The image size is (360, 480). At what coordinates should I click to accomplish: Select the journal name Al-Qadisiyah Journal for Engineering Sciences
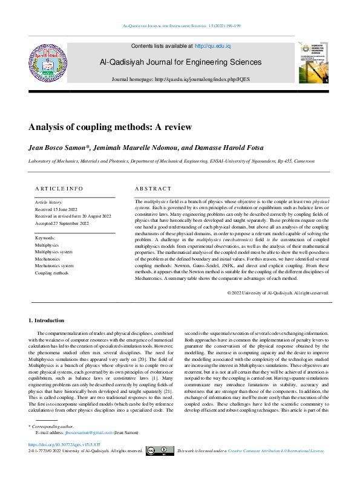pyautogui.click(x=180, y=62)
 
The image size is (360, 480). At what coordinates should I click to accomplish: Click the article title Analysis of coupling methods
pyautogui.click(x=110, y=127)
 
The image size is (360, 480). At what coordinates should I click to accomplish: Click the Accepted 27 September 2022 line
pyautogui.click(x=62, y=223)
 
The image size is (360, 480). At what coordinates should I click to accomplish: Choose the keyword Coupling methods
pyautogui.click(x=51, y=273)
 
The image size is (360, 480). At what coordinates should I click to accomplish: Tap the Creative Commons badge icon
pyautogui.click(x=160, y=467)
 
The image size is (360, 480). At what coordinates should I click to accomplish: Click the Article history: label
pyautogui.click(x=48, y=201)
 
